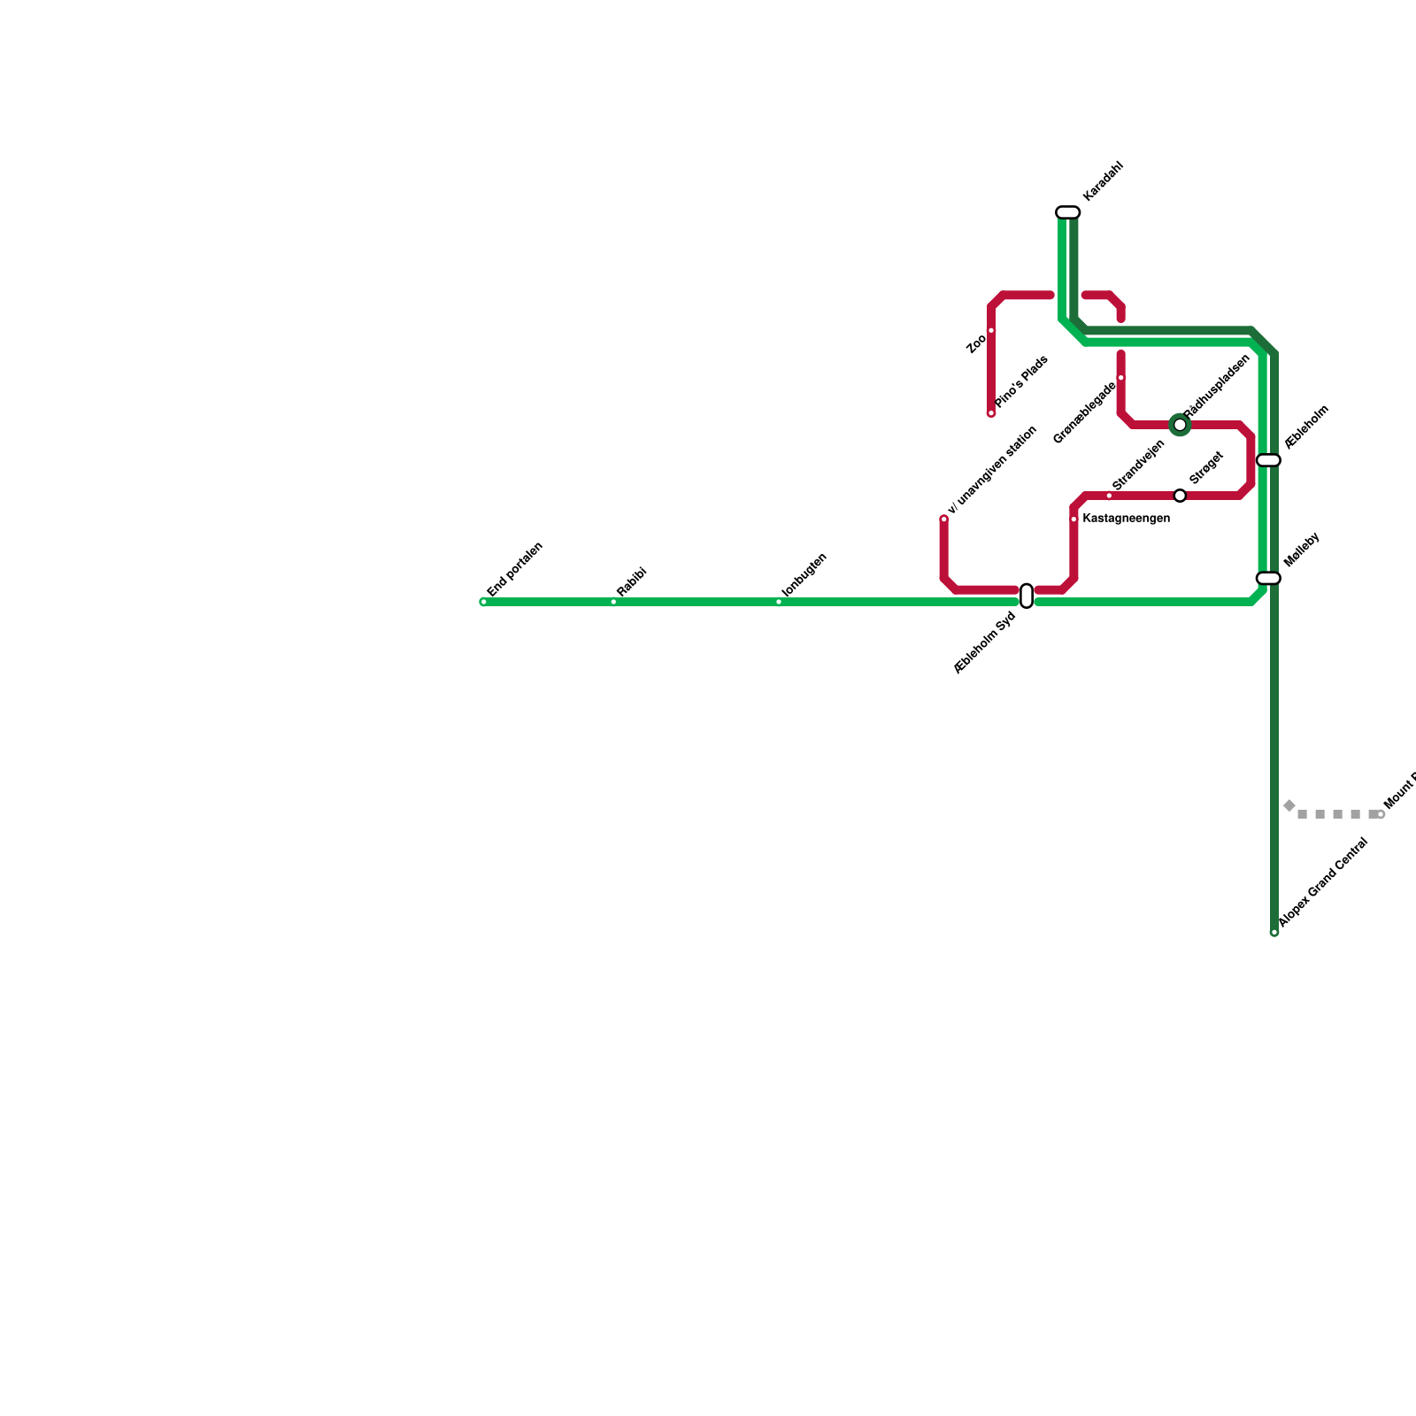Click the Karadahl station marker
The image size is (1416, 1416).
click(1068, 212)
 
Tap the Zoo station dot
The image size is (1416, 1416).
click(991, 331)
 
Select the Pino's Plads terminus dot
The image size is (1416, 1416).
click(991, 413)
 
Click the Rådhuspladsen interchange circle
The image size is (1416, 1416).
click(1180, 425)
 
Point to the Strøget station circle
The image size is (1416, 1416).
click(1180, 496)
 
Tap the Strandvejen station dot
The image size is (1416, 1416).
click(1109, 496)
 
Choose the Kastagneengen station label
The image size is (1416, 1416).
click(1126, 519)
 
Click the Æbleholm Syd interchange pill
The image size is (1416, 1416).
click(1027, 596)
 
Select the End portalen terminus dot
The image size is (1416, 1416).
click(483, 602)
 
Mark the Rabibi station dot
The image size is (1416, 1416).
click(613, 602)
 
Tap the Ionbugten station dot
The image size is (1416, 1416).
click(779, 602)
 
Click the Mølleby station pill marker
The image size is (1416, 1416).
click(1268, 579)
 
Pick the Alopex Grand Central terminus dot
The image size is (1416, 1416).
click(1274, 932)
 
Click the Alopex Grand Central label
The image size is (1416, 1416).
click(1324, 882)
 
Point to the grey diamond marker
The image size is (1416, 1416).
click(1289, 805)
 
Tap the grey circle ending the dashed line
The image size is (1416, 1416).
click(1381, 814)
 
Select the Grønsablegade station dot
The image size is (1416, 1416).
click(1120, 378)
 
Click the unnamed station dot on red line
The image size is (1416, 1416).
click(944, 519)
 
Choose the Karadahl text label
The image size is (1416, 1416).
click(1103, 181)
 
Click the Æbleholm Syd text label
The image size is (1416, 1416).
click(984, 643)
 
